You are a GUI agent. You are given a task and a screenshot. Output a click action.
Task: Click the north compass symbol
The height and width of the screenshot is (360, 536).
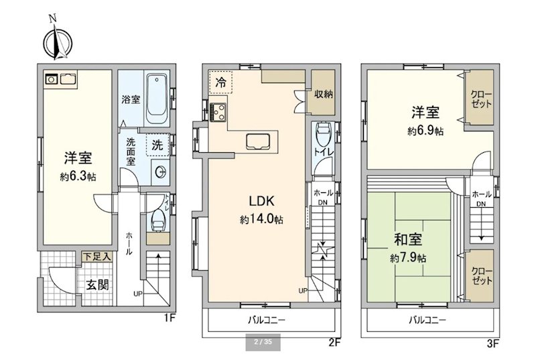pyautogui.click(x=54, y=41)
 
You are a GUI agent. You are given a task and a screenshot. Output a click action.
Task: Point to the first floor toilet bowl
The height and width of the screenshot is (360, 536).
pyautogui.click(x=158, y=218)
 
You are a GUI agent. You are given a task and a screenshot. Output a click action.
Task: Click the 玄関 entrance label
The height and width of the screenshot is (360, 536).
pyautogui.click(x=96, y=283)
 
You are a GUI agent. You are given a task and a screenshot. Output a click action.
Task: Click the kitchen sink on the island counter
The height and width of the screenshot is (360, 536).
pyautogui.click(x=258, y=141)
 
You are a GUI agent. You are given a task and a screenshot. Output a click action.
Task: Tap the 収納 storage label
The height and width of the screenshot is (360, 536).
pyautogui.click(x=324, y=94)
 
